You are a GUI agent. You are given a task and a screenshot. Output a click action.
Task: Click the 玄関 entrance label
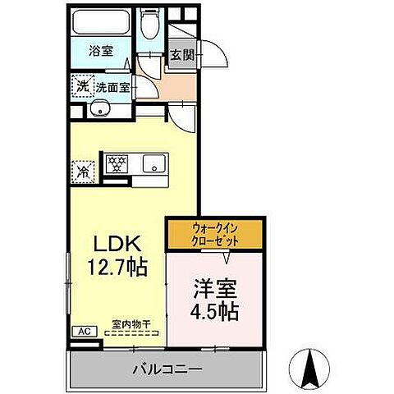click(x=181, y=56)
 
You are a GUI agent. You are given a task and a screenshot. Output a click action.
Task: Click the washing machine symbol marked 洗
click(x=82, y=85)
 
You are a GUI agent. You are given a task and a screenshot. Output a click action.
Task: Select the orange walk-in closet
click(x=216, y=234)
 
